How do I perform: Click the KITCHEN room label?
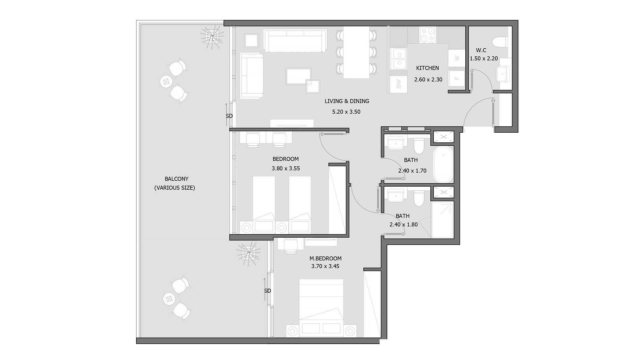tap(427, 68)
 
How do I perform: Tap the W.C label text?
tap(481, 50)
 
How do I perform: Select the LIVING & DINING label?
tap(347, 101)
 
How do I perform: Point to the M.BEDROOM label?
tap(325, 258)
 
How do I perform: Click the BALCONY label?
tap(176, 179)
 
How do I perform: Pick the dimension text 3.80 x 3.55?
tap(286, 168)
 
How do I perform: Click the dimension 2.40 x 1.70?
tap(412, 171)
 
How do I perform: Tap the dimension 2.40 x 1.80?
tap(403, 225)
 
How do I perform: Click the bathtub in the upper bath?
tap(443, 164)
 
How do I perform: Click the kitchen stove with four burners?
tap(428, 35)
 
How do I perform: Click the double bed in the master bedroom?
tap(321, 307)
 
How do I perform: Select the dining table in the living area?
tap(356, 52)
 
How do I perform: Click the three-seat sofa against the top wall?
tap(295, 40)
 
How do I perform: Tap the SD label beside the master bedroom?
tap(267, 291)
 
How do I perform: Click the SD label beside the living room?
tap(229, 116)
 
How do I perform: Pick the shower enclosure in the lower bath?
tap(443, 219)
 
